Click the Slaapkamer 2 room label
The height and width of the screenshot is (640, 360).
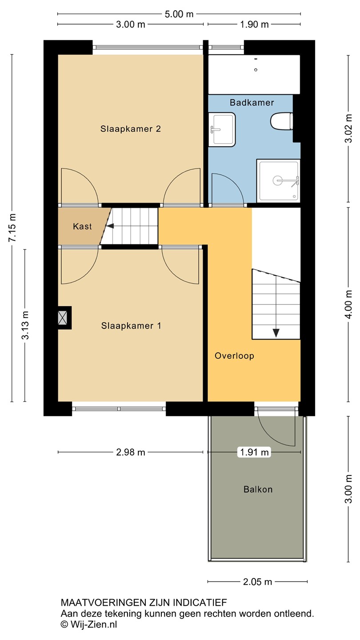coord(131,129)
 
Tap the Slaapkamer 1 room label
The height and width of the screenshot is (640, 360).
coord(131,326)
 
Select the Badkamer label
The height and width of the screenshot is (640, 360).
coord(252,103)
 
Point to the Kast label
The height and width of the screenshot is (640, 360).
coord(82,227)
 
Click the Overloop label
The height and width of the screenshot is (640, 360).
coord(234,356)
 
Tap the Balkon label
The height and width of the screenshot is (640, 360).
coord(258,489)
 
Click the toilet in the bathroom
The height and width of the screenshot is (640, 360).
coord(282,121)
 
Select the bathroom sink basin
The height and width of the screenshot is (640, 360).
coord(222,129)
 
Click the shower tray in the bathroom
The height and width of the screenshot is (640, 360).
coord(278,180)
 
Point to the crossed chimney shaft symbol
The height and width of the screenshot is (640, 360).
coord(63,318)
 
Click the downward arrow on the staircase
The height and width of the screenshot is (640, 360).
coord(276,333)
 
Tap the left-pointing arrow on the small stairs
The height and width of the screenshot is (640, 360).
coord(110,226)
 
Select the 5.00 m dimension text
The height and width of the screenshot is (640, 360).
coord(179,14)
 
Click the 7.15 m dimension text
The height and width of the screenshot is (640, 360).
coord(12,228)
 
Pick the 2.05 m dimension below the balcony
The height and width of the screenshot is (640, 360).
coord(257,582)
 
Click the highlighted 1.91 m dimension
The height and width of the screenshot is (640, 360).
coord(254,452)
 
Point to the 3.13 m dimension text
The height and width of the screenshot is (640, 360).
coord(25,325)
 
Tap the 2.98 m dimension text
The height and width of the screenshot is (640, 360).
coord(131,452)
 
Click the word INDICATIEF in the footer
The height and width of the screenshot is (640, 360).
coord(200,603)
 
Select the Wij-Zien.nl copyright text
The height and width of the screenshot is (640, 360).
coord(89,624)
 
